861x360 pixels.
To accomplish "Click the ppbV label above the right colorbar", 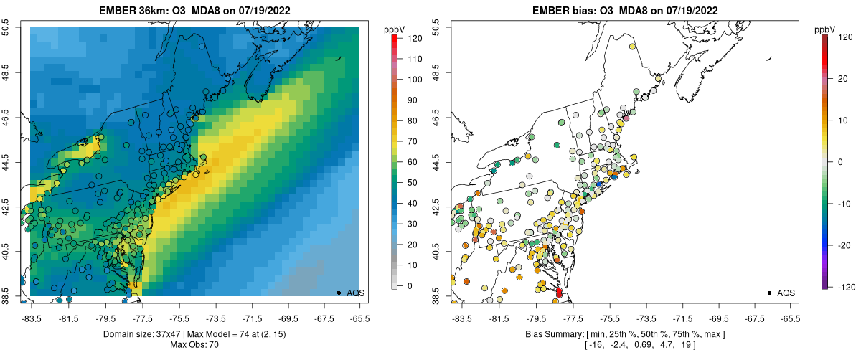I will point(825,29).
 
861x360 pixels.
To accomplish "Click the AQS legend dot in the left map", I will point(338,293).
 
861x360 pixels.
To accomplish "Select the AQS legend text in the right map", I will point(786,293).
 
